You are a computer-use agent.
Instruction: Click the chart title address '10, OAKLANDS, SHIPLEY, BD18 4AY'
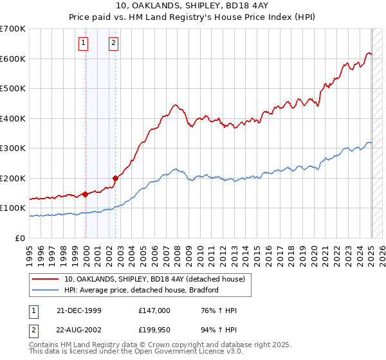(x=192, y=6)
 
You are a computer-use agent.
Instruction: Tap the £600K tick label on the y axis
(x=13, y=59)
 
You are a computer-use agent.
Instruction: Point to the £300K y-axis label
(x=13, y=148)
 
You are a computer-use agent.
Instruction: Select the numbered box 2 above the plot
(x=113, y=43)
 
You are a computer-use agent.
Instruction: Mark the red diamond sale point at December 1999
(x=86, y=194)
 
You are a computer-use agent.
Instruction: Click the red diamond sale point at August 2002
(x=116, y=178)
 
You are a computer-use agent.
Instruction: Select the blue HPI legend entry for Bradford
(x=142, y=290)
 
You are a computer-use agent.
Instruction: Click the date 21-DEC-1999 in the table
(x=79, y=310)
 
